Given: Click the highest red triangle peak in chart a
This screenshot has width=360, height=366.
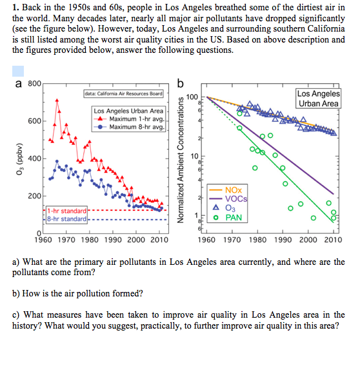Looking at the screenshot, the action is [x=57, y=101].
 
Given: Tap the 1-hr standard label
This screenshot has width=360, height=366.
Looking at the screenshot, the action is [x=66, y=211].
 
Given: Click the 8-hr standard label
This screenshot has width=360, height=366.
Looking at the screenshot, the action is [x=66, y=218].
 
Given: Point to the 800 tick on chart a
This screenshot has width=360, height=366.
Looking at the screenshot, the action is [x=34, y=83].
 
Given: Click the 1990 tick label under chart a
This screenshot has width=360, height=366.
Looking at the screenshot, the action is [x=113, y=240].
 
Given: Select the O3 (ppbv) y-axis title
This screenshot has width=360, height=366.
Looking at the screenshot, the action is [x=20, y=159].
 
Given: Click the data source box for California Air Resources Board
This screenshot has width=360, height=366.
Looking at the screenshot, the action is [x=123, y=93].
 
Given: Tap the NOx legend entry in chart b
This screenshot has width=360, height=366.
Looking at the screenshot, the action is [x=225, y=190].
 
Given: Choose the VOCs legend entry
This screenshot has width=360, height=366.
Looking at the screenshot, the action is [x=228, y=199].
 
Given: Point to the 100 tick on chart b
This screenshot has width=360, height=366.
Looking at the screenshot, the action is [x=192, y=97].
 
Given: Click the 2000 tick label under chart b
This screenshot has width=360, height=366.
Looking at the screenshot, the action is [x=308, y=240].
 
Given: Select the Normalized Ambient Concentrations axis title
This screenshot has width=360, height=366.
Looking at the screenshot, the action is [x=180, y=160].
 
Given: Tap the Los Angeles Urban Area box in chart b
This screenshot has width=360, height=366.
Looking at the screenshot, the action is [x=319, y=99].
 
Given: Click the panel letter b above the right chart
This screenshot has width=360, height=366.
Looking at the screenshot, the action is [x=180, y=84].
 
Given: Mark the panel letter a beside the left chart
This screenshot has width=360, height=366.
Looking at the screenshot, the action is [x=19, y=84].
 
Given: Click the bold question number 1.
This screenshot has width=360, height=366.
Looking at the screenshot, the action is [x=15, y=8].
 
